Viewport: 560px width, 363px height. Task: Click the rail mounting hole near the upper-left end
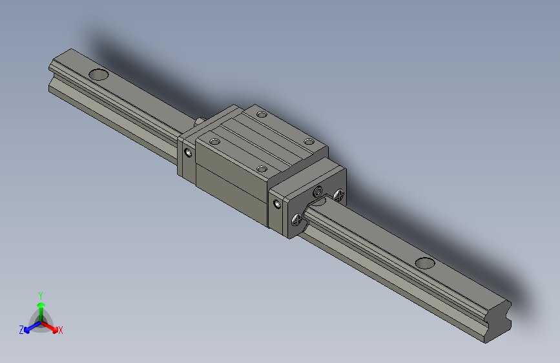tap(99, 74)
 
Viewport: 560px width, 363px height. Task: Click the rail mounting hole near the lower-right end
tap(424, 262)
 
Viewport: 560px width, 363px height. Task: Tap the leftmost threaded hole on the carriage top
tap(215, 141)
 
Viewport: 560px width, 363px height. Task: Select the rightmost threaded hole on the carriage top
tap(309, 141)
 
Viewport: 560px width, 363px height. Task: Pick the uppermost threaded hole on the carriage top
tap(262, 115)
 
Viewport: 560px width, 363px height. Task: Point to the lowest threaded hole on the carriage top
tap(262, 169)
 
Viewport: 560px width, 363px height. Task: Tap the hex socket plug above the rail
tap(318, 192)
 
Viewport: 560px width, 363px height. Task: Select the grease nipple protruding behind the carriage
tap(200, 121)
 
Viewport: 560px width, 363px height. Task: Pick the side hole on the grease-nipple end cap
tap(188, 153)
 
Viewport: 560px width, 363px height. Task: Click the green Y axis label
tap(40, 294)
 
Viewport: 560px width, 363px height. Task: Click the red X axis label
tap(61, 330)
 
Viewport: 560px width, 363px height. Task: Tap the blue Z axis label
tap(21, 330)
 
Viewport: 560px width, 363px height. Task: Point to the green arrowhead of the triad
tap(41, 306)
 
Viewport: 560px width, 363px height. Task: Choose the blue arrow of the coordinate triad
tap(29, 327)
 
